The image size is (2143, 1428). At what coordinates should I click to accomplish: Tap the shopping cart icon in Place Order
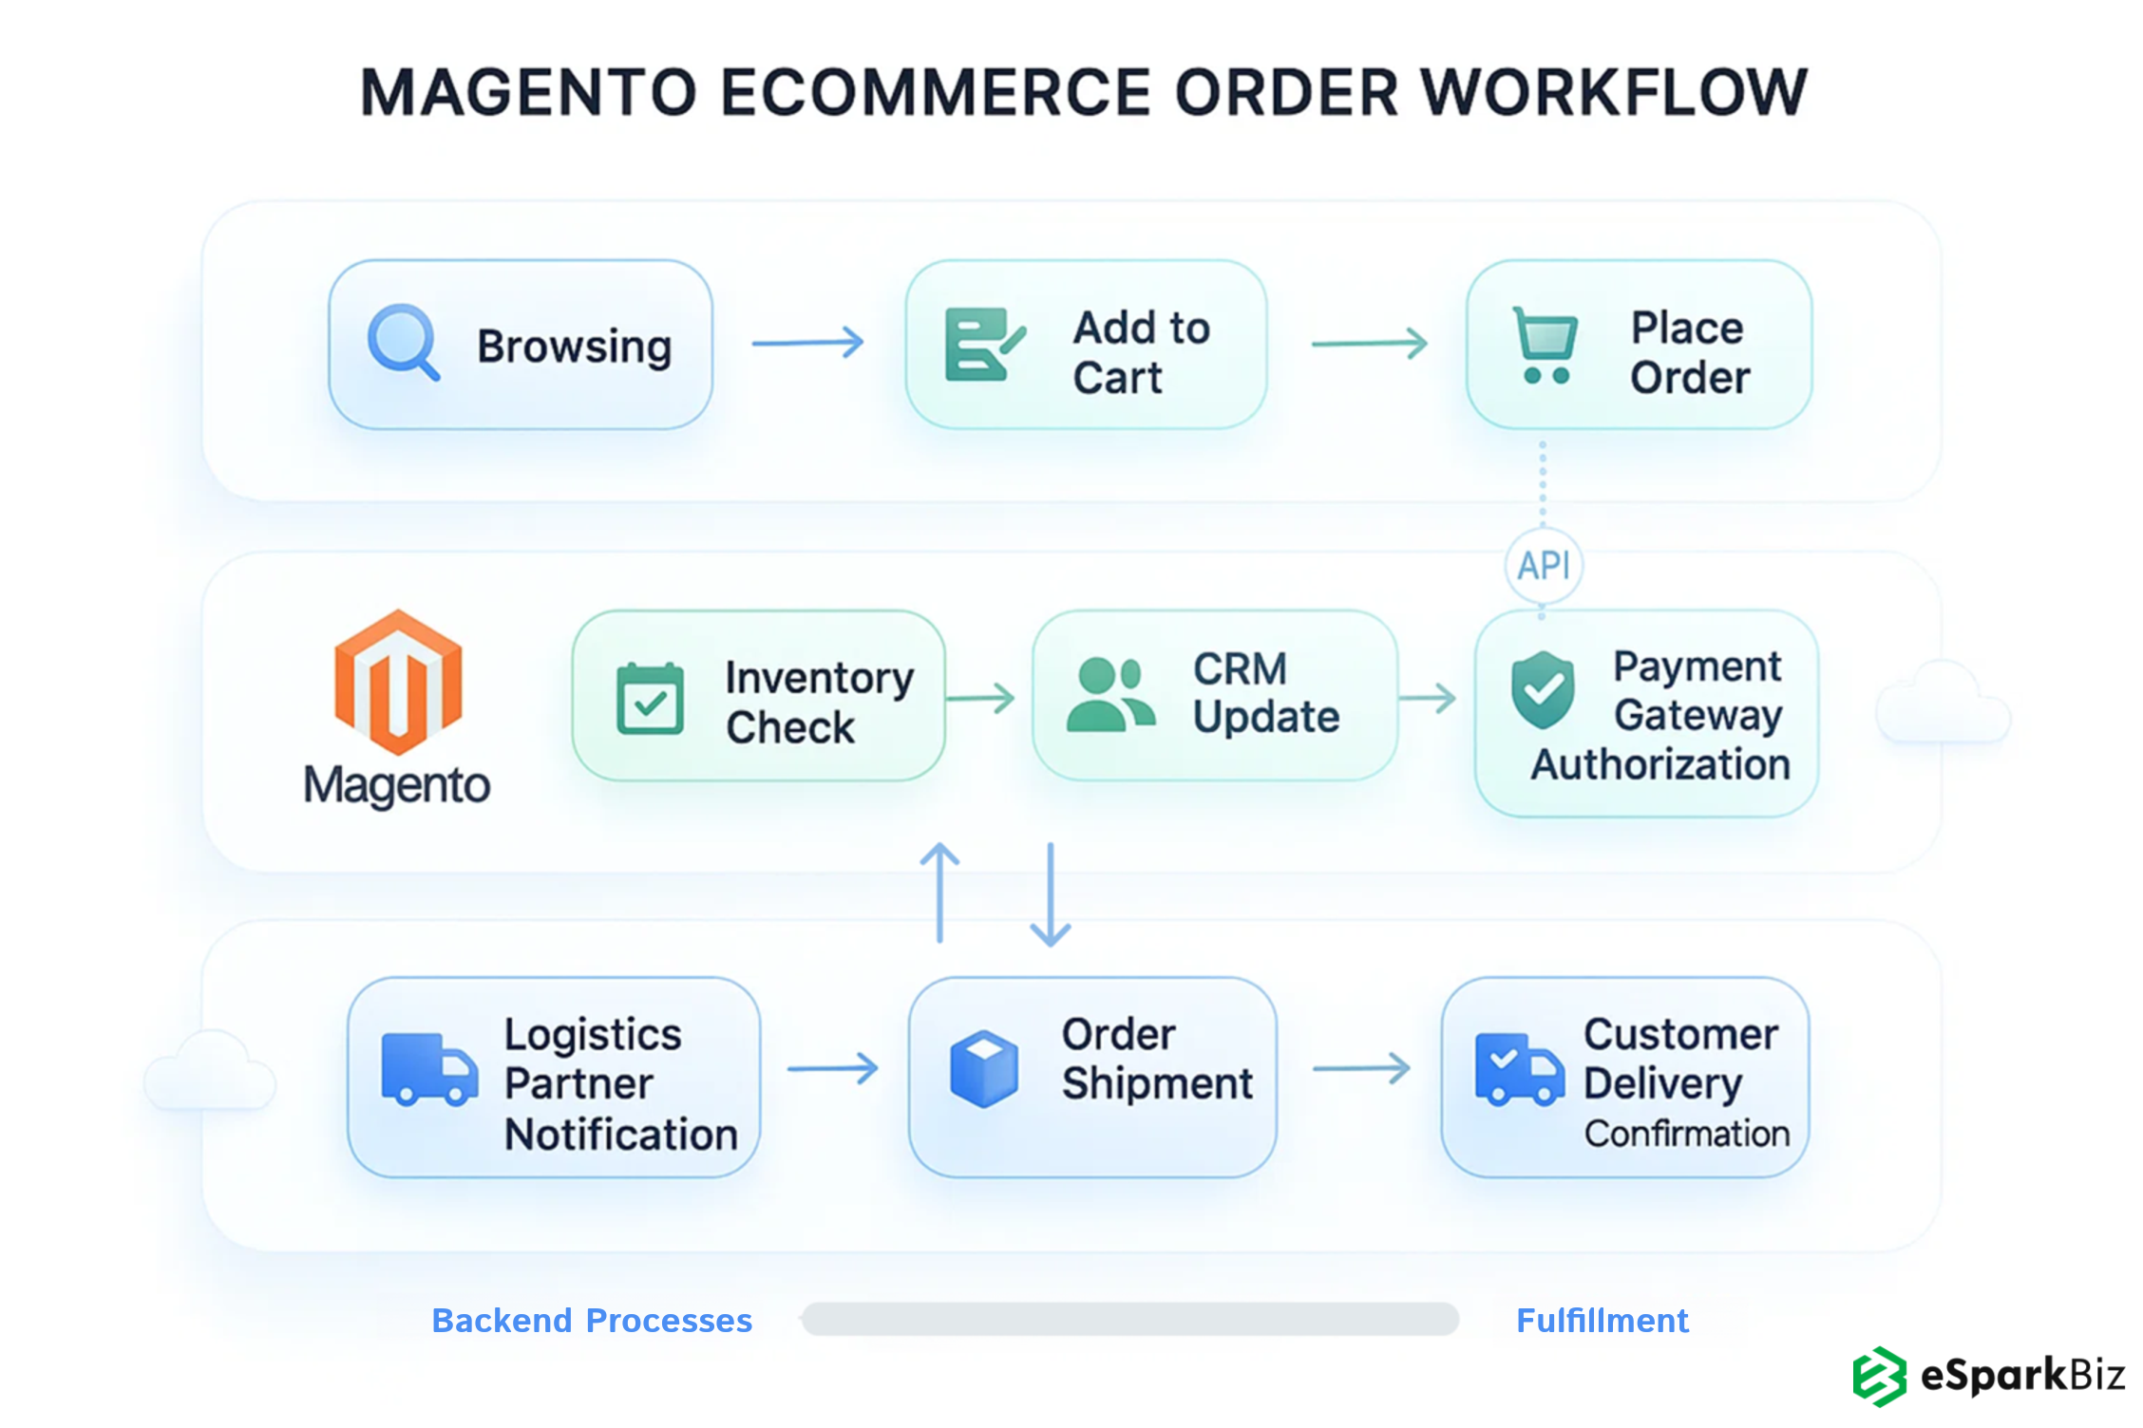tap(1545, 345)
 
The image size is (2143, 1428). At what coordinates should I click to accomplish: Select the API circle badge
tap(1544, 566)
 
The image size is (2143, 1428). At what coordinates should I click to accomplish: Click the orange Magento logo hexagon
tap(398, 681)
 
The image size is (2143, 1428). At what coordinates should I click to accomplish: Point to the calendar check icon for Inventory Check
tap(650, 699)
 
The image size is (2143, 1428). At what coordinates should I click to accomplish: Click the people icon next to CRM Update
tap(1109, 696)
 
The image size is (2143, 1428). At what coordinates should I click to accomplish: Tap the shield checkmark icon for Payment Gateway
tap(1543, 690)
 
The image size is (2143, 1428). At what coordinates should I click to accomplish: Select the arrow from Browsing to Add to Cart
tap(807, 343)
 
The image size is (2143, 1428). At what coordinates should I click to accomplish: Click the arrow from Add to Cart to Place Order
tap(1369, 343)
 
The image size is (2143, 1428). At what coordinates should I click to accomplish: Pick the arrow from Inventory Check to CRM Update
tap(980, 699)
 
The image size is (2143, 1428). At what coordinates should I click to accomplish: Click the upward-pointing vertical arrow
tap(939, 892)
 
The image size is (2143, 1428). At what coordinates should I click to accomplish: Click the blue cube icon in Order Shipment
tap(984, 1069)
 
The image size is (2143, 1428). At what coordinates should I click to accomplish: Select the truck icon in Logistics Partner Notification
tap(428, 1069)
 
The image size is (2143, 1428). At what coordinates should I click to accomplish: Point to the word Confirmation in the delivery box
tap(1686, 1134)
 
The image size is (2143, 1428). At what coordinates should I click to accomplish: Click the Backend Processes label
tap(592, 1321)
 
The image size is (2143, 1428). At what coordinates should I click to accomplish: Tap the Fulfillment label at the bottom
tap(1602, 1321)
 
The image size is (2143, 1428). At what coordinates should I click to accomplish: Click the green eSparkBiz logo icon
tap(1878, 1376)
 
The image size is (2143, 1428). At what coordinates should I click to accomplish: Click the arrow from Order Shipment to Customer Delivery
tap(1361, 1069)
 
